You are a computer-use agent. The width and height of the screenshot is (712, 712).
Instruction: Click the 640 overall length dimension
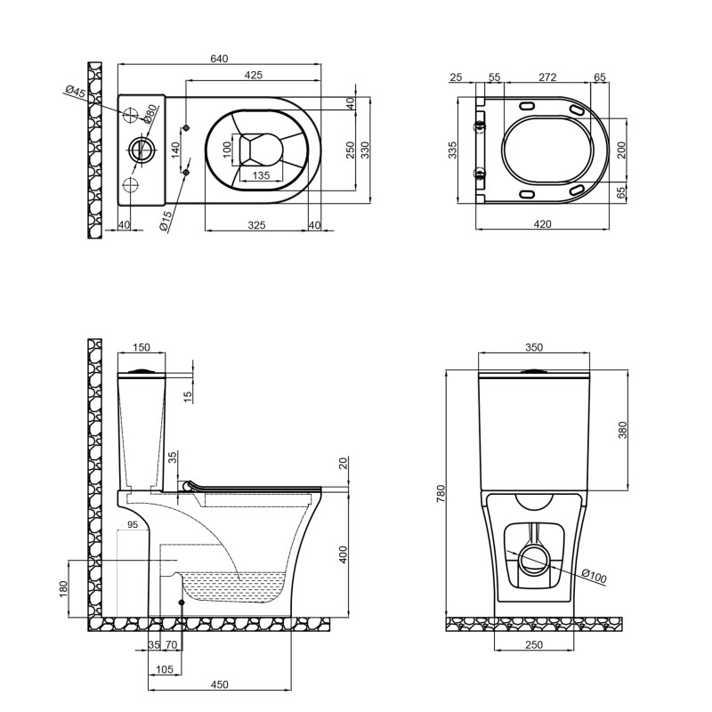click(x=219, y=59)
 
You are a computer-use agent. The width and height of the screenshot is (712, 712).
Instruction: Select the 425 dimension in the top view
click(x=253, y=76)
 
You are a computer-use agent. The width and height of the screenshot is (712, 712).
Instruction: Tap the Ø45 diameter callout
click(x=75, y=93)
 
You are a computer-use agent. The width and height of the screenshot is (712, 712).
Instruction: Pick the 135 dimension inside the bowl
click(x=262, y=175)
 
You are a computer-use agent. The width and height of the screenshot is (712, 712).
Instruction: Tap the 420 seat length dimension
click(x=542, y=225)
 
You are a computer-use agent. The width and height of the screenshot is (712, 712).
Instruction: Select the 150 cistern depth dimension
click(x=142, y=348)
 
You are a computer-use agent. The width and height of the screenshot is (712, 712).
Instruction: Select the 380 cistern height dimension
click(x=622, y=429)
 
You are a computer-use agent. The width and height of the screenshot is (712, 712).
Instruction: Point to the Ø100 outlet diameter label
click(x=593, y=577)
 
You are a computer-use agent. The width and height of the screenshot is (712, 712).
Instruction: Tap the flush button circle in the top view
click(x=141, y=150)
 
